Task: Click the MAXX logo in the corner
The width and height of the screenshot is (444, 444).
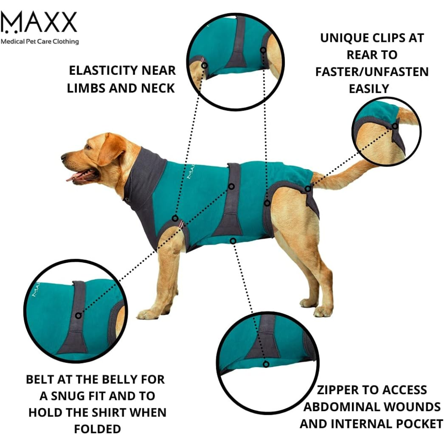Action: [39, 22]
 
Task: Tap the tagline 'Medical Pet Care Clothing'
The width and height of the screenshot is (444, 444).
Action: [39, 42]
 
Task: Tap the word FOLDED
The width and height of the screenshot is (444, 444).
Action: [97, 429]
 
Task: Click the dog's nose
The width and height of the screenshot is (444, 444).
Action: [64, 157]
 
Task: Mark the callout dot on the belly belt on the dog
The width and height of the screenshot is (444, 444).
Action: [231, 187]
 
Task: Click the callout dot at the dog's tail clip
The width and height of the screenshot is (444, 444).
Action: [308, 189]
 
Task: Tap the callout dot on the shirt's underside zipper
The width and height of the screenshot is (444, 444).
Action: [233, 240]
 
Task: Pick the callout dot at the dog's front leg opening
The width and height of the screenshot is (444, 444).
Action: [176, 218]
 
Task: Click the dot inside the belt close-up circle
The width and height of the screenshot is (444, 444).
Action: [78, 315]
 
